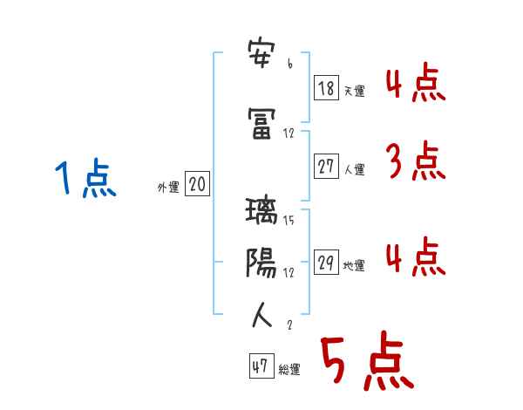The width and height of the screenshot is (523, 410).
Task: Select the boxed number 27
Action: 326,167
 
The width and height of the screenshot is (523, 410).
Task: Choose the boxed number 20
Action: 197,184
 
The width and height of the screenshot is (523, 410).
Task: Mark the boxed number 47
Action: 261,366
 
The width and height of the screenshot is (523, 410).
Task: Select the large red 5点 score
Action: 365,362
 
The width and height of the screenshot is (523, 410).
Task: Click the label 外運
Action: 168,186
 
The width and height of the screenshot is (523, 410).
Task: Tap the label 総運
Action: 289,370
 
